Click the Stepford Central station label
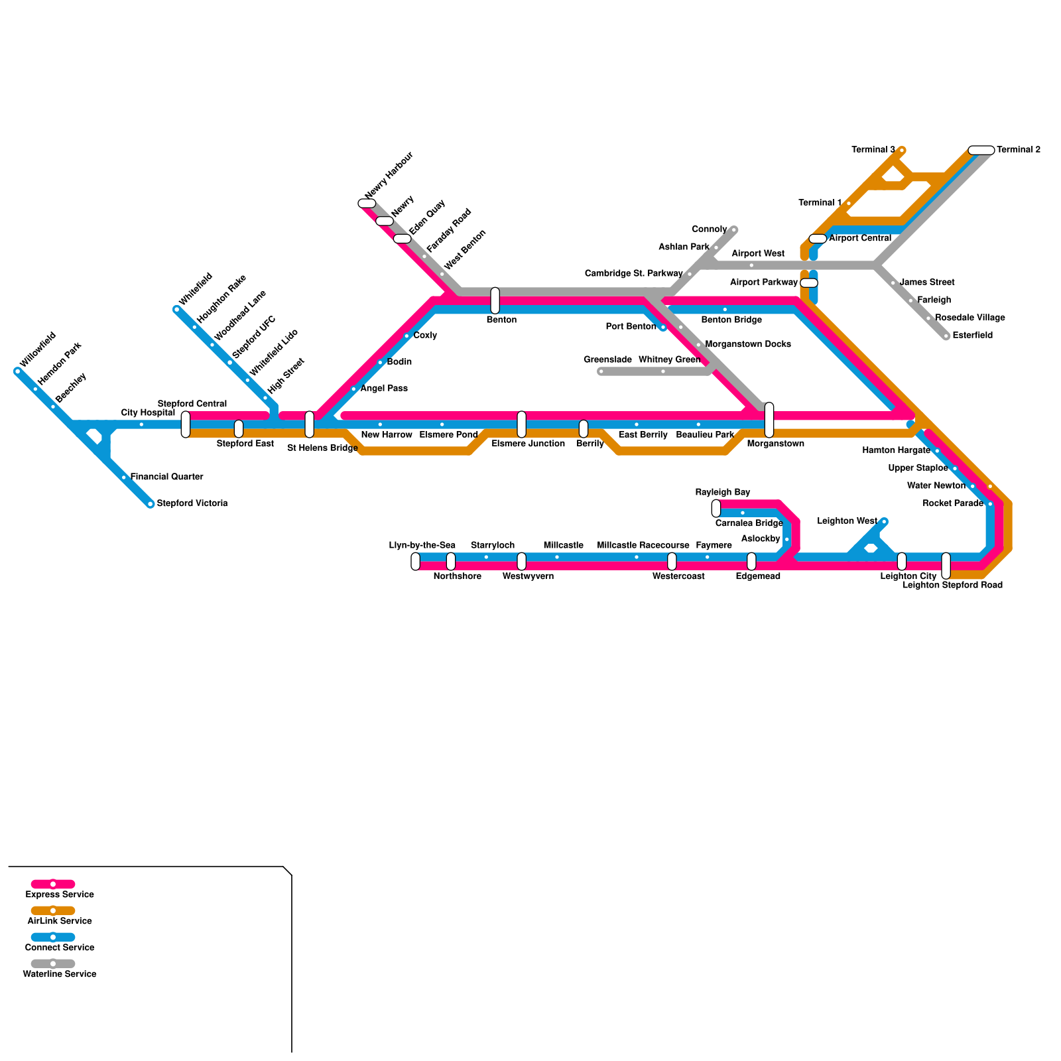tap(192, 404)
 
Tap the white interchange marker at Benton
tap(495, 300)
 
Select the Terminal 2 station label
tap(1018, 150)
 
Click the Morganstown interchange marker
tap(769, 420)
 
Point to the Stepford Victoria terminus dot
tap(151, 504)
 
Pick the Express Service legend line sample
tap(53, 884)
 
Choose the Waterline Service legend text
tap(60, 974)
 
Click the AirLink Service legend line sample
tap(53, 910)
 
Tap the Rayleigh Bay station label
tap(723, 492)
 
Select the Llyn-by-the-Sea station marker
tap(415, 562)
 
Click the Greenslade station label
tap(607, 359)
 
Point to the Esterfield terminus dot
tap(946, 336)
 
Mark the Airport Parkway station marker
tap(809, 283)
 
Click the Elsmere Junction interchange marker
tap(521, 424)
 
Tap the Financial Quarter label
tap(166, 477)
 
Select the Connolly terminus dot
tap(734, 230)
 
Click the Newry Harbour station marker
tap(367, 204)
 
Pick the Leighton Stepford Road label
tap(952, 586)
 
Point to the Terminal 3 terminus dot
tap(902, 151)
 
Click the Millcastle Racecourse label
tap(643, 546)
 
